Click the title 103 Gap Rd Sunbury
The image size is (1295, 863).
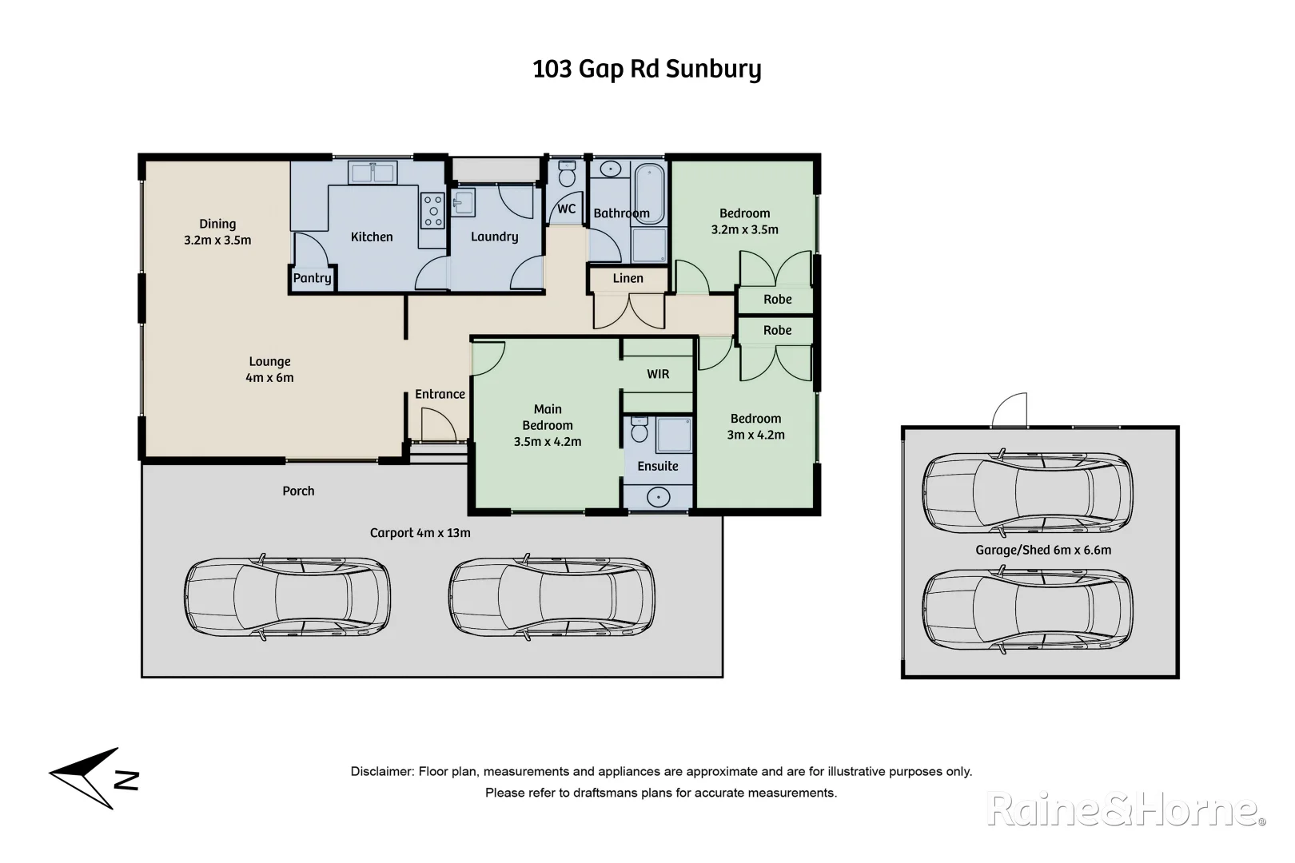[647, 70]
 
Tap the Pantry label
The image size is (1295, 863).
[312, 278]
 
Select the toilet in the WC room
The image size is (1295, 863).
[567, 173]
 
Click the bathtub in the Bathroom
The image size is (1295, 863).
[649, 192]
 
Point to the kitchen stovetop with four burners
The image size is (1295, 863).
[433, 211]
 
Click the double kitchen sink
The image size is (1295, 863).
[372, 172]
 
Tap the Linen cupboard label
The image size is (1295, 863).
[628, 278]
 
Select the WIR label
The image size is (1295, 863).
[658, 374]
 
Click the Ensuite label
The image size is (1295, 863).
[657, 466]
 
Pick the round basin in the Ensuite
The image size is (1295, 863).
[658, 498]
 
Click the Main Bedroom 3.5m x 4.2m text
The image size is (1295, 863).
[548, 425]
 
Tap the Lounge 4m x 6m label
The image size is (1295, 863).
[269, 369]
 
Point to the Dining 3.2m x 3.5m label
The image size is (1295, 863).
[217, 232]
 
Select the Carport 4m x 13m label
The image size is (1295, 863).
[420, 533]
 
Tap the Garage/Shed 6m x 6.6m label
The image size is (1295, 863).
[1043, 550]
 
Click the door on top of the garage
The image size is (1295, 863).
[1009, 411]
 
